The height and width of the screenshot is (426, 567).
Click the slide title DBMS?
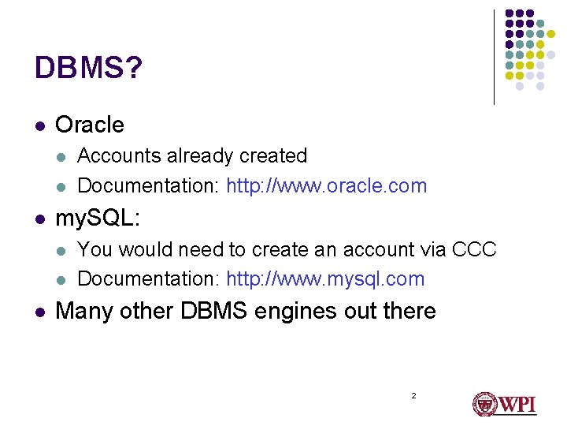88,69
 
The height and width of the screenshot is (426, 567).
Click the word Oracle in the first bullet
90,125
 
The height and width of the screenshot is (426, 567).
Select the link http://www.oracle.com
327,186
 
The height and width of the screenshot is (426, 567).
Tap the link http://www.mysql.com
325,278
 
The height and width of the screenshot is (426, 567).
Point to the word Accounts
119,156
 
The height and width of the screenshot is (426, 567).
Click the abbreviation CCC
475,249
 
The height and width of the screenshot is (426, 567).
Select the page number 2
413,394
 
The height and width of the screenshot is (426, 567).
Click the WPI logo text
517,405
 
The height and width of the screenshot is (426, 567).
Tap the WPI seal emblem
483,404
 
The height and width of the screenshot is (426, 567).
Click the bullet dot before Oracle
39,125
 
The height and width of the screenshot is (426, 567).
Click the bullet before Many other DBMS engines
39,312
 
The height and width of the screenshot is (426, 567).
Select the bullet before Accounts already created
61,157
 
